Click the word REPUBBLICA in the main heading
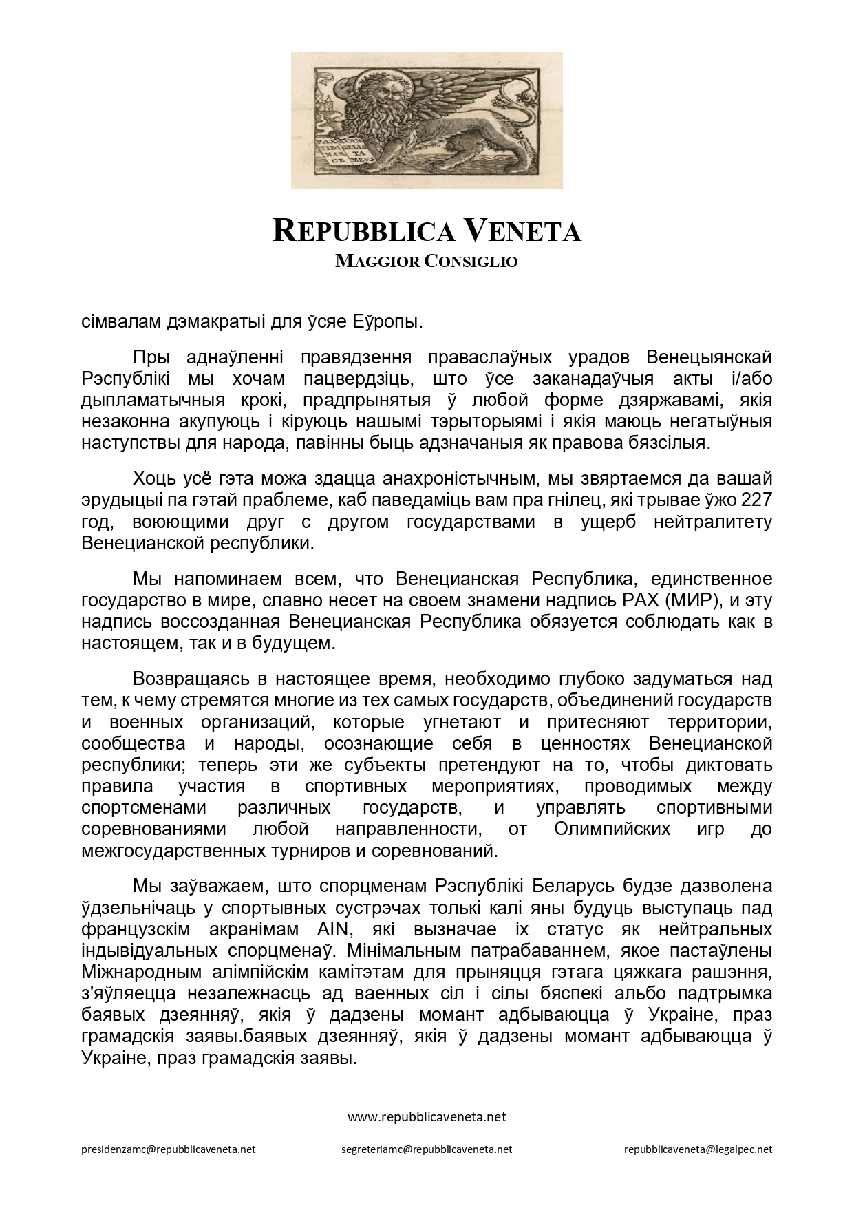[363, 231]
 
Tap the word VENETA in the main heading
[522, 231]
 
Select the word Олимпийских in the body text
[612, 829]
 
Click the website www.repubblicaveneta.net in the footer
[427, 1117]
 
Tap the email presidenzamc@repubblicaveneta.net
[169, 1149]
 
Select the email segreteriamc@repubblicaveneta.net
[427, 1149]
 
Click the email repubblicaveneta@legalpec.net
[698, 1149]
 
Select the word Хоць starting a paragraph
[154, 478]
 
